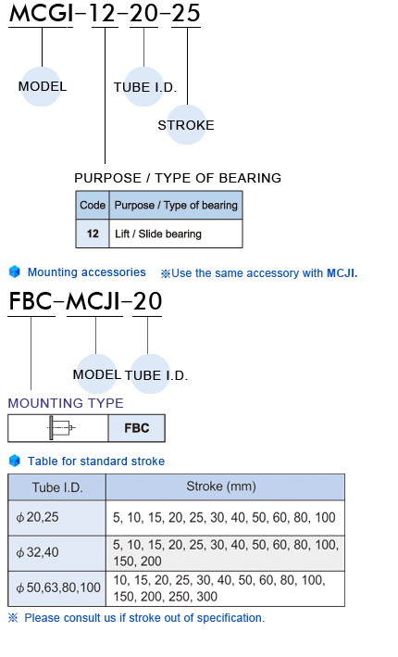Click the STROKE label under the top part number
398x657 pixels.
tap(186, 125)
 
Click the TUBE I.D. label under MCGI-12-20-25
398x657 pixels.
tap(145, 87)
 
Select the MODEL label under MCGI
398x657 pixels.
tap(43, 86)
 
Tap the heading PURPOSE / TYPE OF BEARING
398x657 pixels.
tap(178, 178)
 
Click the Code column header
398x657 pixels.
tap(93, 206)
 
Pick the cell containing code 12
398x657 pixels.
tap(93, 234)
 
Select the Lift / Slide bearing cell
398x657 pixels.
tap(176, 234)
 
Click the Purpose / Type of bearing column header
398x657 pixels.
tap(176, 206)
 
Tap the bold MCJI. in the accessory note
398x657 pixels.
tap(342, 273)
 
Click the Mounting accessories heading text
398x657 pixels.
tap(87, 272)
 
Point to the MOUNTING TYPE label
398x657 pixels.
tap(66, 403)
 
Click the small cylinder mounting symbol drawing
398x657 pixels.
tap(61, 428)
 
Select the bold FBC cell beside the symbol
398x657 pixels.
tap(137, 428)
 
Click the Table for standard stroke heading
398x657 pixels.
tap(96, 461)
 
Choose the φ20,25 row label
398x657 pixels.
tap(37, 517)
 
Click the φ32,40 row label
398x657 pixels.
tap(37, 552)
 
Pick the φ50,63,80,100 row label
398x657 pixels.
tap(58, 588)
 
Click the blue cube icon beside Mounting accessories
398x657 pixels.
tap(15, 272)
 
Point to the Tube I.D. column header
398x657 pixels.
tap(56, 487)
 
